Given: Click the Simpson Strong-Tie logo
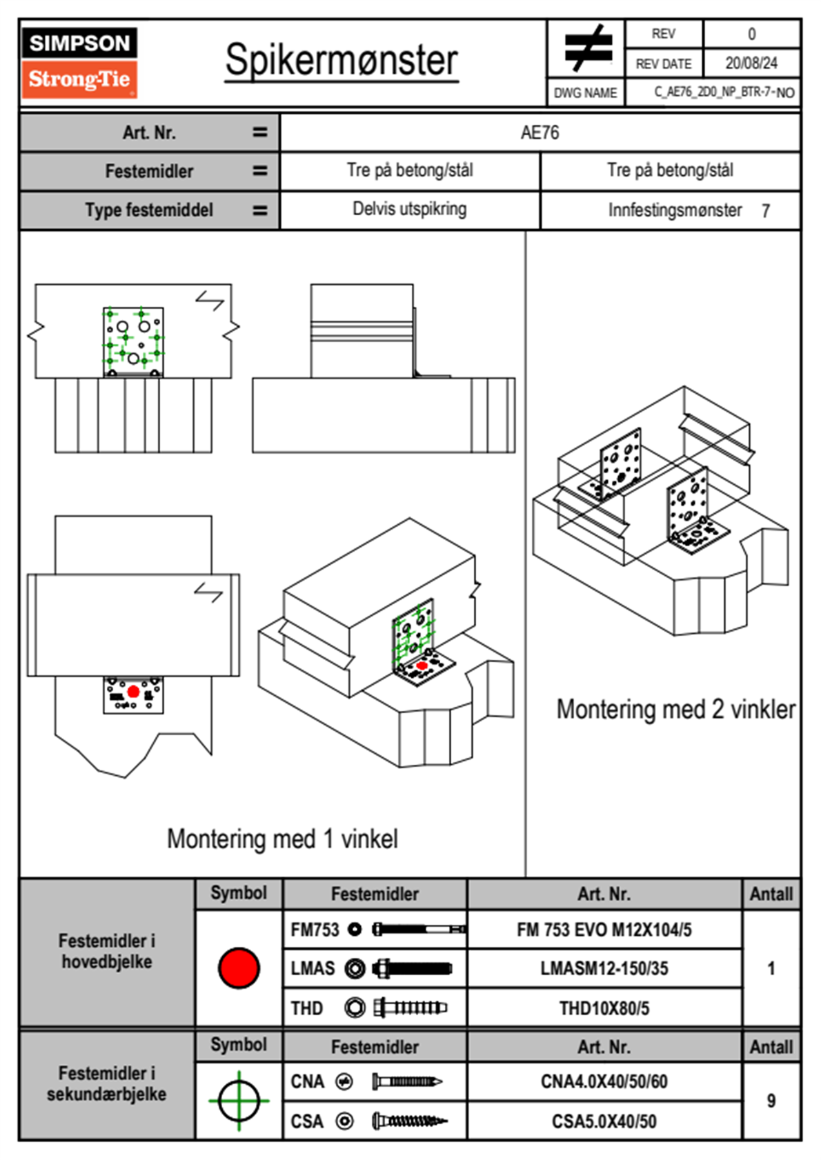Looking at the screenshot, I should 79,62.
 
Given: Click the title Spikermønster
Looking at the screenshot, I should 342,60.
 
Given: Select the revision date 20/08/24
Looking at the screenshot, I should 751,63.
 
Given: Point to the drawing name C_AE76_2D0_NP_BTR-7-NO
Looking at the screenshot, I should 724,92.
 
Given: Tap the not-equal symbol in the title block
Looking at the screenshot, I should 587,49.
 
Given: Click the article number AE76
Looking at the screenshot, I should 540,132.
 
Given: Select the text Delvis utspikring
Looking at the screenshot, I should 410,209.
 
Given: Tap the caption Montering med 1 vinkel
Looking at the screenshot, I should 282,839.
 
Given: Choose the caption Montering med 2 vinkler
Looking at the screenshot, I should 675,709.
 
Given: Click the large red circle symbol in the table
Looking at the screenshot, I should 239,968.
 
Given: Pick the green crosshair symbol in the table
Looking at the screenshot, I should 239,1101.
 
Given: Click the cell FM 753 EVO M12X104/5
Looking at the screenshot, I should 604,930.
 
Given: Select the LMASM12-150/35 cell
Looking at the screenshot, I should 604,968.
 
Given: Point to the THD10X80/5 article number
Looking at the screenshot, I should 604,1008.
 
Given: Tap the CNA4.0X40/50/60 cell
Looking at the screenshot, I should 604,1081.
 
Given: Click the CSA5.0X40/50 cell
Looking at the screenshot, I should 604,1121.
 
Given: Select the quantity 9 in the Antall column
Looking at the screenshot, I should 771,1101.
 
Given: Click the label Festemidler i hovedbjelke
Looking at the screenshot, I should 107,951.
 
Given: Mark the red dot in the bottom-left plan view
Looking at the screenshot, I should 133,692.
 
